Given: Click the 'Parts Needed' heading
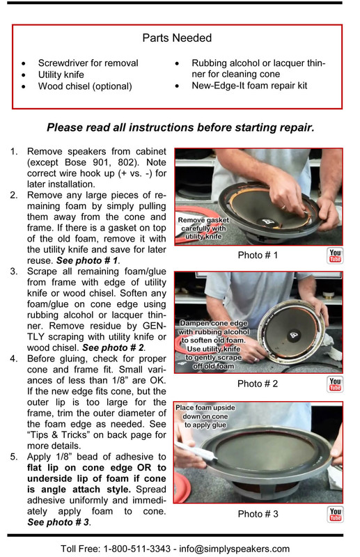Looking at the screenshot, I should (177, 38).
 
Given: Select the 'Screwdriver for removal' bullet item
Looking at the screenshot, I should (88, 63).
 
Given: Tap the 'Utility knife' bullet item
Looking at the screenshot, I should (61, 74).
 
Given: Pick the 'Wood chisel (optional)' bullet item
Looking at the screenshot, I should (85, 86).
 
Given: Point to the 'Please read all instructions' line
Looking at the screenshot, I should (180, 127).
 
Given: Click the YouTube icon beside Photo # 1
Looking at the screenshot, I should (335, 256).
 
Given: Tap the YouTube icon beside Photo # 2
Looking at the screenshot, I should (335, 384).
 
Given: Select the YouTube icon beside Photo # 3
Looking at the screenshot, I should (335, 515).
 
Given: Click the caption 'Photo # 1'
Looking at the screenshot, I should (257, 256).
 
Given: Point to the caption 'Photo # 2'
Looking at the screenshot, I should (257, 384).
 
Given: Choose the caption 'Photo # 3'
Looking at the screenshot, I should (257, 515).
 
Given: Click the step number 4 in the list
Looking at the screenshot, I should (14, 359).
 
